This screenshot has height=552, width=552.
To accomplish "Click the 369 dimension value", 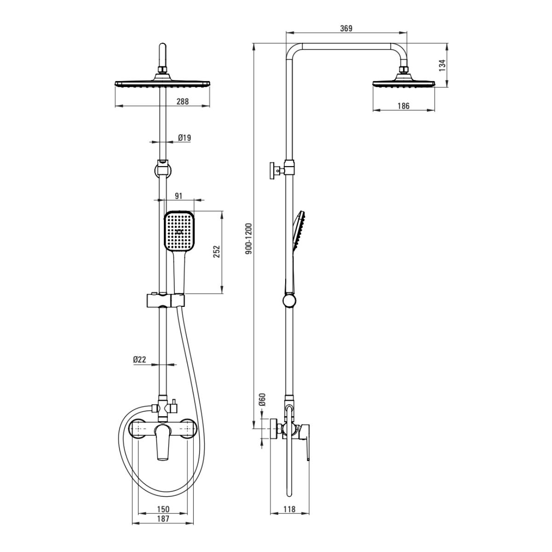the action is pos(346,29).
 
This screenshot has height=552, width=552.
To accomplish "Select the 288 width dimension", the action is pos(183,101).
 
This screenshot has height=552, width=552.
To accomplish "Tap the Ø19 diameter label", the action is pos(184,138).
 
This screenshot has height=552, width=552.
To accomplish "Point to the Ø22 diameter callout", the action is pos(139,360).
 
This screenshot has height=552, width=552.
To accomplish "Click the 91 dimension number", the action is pos(178,196).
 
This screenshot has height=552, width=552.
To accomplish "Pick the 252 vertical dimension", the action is pos(217,252).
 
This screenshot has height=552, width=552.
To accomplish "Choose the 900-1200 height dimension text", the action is pos(249,239).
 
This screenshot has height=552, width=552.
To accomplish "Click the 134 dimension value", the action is pos(443,65).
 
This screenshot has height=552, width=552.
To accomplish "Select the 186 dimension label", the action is pos(403,106).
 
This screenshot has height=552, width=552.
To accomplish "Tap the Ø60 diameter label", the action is pos(263,399).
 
